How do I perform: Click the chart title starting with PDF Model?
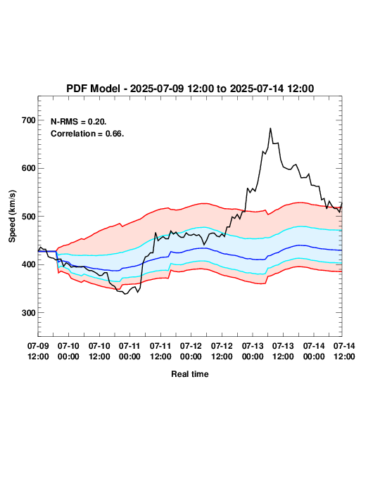tap(190, 89)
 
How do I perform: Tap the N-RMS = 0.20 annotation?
tap(79, 122)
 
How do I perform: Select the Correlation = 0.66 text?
tap(87, 134)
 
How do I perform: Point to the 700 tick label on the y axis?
tap(29, 120)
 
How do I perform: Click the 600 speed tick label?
tap(29, 168)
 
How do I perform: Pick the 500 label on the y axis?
tap(29, 217)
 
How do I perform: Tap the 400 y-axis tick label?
tap(29, 264)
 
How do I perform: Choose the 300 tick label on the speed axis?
tap(29, 313)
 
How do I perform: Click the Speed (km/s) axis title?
tap(12, 217)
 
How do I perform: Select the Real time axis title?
tap(190, 374)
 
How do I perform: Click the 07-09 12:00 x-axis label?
tap(38, 351)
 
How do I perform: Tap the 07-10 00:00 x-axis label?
tap(68, 351)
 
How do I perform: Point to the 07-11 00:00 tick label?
tap(129, 351)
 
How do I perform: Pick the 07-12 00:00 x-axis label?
tap(191, 351)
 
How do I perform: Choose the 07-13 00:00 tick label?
tap(253, 351)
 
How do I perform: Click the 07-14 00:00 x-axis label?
tap(314, 351)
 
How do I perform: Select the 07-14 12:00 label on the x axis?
tap(344, 351)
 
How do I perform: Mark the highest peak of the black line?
tap(270, 128)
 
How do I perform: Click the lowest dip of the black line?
tap(125, 294)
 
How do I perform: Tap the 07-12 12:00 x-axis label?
tap(222, 351)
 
